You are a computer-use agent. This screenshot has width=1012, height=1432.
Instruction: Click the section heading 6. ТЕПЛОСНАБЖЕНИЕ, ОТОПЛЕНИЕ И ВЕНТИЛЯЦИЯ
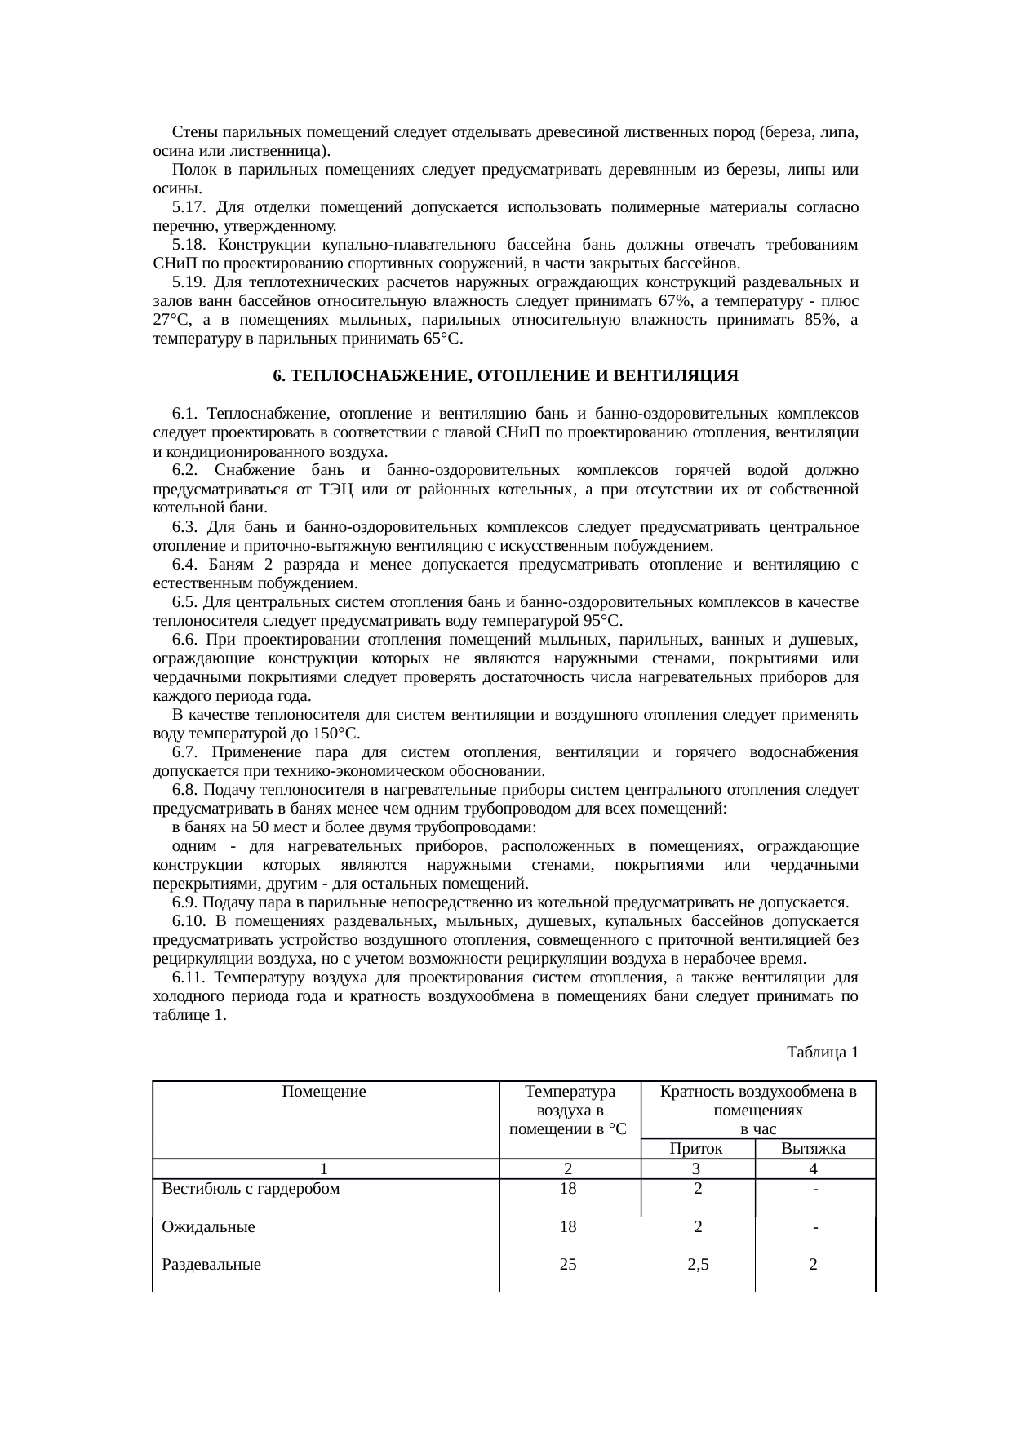tap(505, 376)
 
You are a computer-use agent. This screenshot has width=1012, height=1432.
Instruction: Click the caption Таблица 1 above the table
tap(822, 1052)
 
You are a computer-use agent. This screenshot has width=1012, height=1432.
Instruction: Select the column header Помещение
tap(324, 1091)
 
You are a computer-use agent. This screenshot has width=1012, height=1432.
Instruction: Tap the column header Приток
tap(696, 1149)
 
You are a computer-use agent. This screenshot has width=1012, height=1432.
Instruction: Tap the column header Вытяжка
tap(813, 1149)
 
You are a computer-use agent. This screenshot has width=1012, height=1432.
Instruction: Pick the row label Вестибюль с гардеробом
tap(251, 1188)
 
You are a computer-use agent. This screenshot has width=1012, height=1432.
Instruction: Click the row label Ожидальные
tap(208, 1226)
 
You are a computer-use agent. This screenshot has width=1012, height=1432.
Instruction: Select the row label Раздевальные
tap(211, 1265)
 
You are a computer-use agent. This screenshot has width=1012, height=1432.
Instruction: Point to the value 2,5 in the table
tap(698, 1265)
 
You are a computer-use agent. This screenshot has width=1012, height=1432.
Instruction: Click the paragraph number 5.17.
tap(188, 207)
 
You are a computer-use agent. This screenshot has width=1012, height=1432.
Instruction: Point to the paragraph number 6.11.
tap(191, 978)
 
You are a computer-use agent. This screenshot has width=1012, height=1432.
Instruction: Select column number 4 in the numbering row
tap(814, 1168)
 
